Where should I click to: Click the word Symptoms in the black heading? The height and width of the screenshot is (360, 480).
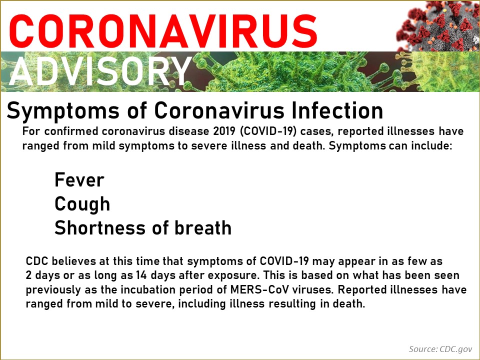point(63,110)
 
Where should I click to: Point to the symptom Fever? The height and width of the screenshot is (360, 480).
point(79,179)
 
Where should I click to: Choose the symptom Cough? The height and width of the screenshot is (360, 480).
point(82,204)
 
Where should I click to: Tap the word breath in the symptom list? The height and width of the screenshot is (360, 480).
point(203,228)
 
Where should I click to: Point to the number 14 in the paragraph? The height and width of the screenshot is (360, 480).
point(141,275)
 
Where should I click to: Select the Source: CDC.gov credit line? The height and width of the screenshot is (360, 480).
point(440,349)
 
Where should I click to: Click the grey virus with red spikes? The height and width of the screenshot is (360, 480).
point(438,26)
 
